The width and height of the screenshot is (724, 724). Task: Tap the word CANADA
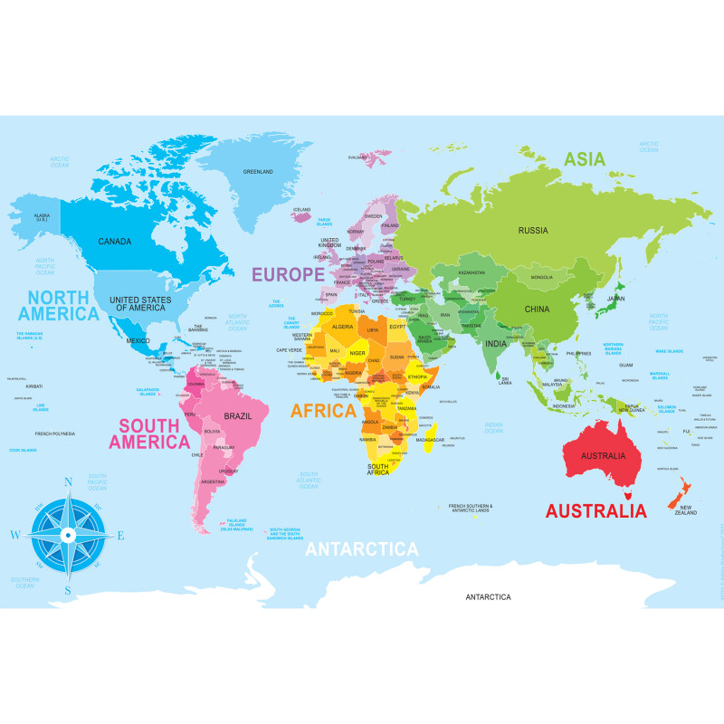pos(115,242)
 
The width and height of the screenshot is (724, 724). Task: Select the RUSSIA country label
pos(533,230)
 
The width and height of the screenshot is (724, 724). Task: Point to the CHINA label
pos(537,309)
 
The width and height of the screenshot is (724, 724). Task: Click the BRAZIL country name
pos(237,415)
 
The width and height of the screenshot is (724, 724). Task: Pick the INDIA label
pos(495,344)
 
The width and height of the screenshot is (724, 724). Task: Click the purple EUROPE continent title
pos(287,274)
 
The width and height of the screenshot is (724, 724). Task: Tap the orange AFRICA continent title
pos(323,411)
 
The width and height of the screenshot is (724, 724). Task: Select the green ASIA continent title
pos(585,159)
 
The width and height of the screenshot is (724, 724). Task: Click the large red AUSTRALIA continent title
pos(595,510)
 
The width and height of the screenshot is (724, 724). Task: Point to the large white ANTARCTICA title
pos(362,549)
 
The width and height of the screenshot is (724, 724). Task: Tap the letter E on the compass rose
pos(120,535)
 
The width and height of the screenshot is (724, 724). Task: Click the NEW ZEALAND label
pos(686,510)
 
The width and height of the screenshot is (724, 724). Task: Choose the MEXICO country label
pos(138,340)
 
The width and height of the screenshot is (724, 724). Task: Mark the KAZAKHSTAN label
pos(470,272)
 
